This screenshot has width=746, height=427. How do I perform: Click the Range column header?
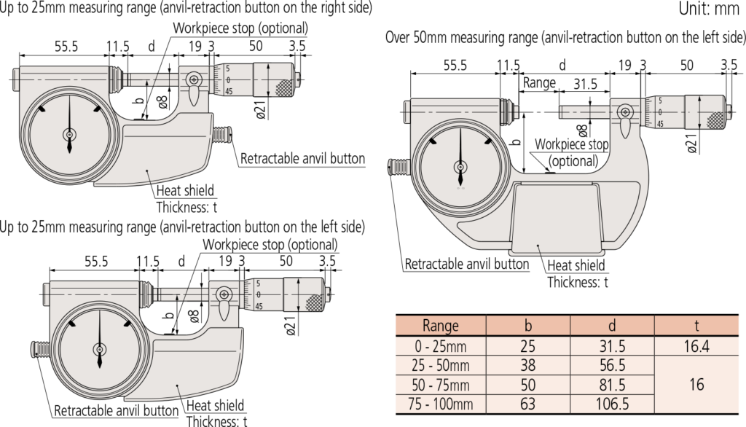tap(440, 326)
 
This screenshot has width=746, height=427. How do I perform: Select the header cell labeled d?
tap(612, 326)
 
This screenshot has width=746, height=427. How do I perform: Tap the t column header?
tap(696, 326)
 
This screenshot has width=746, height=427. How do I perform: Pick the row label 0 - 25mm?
tap(440, 346)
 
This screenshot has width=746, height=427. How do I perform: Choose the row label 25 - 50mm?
tap(440, 365)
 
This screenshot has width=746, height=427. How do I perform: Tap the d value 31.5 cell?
tap(612, 346)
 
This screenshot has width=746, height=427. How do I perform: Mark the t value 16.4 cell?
tap(696, 346)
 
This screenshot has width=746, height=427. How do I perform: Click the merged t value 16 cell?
tap(696, 385)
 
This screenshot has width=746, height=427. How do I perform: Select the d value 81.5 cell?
tap(612, 385)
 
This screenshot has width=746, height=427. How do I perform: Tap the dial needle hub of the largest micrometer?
tap(460, 165)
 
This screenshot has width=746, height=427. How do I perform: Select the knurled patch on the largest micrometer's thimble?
tap(718, 120)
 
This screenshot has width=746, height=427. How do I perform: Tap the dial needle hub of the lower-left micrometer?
tap(99, 348)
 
